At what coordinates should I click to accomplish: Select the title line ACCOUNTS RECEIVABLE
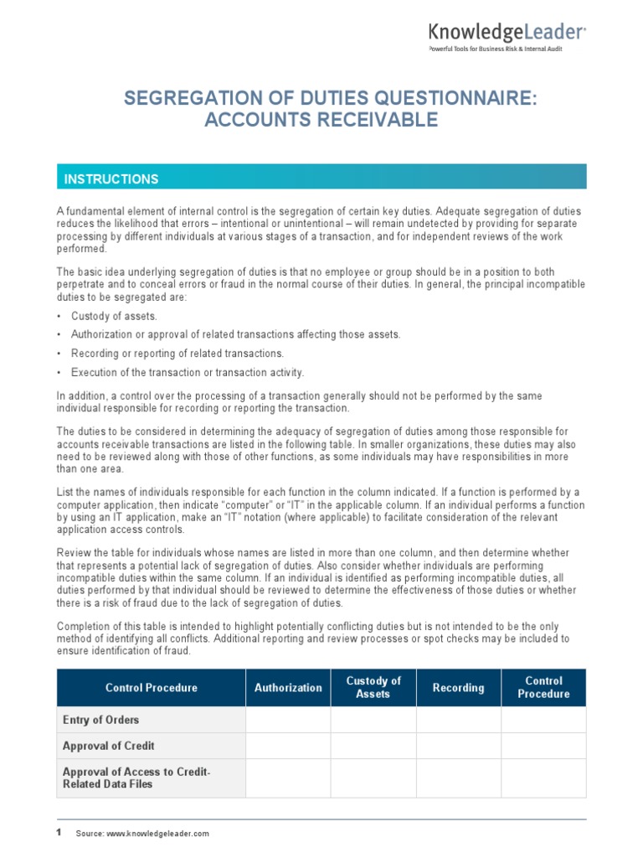[321, 120]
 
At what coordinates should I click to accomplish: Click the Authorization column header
[288, 688]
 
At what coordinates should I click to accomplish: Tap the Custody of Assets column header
[373, 688]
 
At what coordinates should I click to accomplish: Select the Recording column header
[458, 688]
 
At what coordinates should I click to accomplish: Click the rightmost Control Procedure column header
[543, 688]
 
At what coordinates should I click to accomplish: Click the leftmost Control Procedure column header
[152, 688]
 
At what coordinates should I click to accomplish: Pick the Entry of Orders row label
[101, 720]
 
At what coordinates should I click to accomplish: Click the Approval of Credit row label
[109, 746]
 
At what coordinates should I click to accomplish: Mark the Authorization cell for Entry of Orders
[288, 720]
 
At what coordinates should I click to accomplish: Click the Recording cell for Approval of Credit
[458, 746]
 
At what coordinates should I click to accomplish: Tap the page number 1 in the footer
[59, 833]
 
